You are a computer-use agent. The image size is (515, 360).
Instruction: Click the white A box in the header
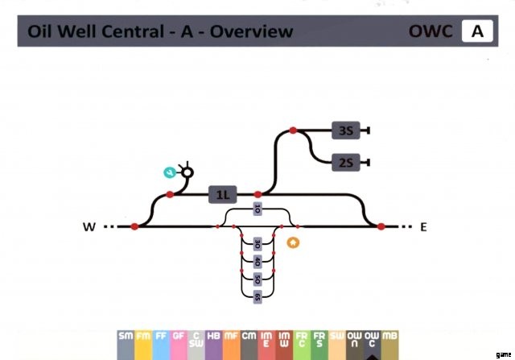[x=477, y=32]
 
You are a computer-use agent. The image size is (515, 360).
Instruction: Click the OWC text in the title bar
[x=432, y=32]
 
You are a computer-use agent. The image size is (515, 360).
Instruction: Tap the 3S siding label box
[x=346, y=130]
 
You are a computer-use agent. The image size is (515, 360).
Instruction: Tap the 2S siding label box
[x=346, y=162]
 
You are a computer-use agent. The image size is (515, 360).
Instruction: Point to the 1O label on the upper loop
[x=257, y=209]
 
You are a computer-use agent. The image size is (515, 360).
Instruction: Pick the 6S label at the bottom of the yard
[x=257, y=297]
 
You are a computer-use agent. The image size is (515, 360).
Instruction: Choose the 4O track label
[x=257, y=262]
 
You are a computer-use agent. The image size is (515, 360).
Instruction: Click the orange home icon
[x=293, y=242]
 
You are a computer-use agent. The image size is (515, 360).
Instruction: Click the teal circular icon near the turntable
[x=170, y=172]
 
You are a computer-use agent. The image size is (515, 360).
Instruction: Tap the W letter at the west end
[x=89, y=227]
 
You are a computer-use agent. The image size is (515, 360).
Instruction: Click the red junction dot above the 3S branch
[x=293, y=130]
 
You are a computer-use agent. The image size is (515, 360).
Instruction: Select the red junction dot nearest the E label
[x=381, y=227]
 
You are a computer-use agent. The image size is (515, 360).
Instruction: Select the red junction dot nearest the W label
[x=134, y=227]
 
